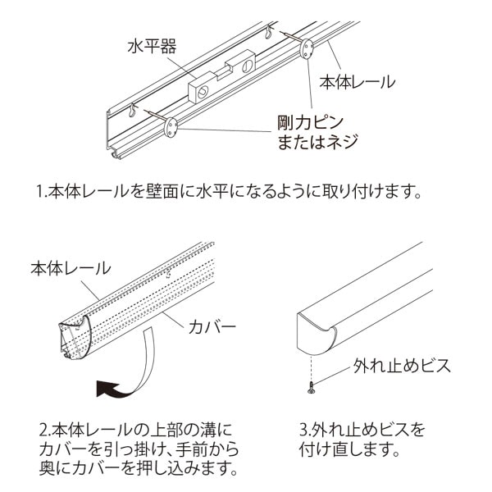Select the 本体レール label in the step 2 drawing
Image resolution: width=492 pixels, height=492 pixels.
click(x=70, y=268)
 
